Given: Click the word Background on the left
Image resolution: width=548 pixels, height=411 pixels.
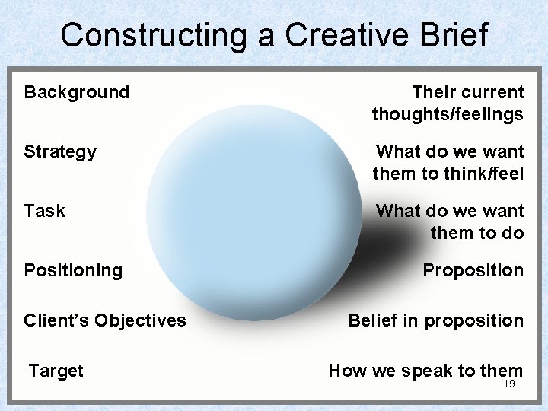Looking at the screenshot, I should click(77, 93).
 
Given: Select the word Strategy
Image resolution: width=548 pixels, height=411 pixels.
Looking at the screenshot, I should click(60, 152).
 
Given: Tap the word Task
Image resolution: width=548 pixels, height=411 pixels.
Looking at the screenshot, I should click(44, 211).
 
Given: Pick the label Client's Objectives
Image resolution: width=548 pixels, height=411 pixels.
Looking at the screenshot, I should click(104, 320).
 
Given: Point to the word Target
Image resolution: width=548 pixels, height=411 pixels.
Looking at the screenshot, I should click(56, 371).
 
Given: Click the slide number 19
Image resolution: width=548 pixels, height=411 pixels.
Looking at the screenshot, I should click(509, 384).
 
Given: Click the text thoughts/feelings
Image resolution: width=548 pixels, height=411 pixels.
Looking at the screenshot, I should click(448, 115).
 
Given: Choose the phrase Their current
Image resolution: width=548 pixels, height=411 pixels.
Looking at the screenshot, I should click(467, 93).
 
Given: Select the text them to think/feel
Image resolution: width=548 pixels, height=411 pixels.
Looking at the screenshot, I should click(448, 174).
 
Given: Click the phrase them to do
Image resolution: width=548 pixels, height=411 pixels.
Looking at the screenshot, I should click(477, 233).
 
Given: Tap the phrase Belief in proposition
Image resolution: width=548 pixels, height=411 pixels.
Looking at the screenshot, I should click(435, 320).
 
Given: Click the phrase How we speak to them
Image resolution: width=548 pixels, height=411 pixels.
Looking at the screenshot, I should click(425, 371).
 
